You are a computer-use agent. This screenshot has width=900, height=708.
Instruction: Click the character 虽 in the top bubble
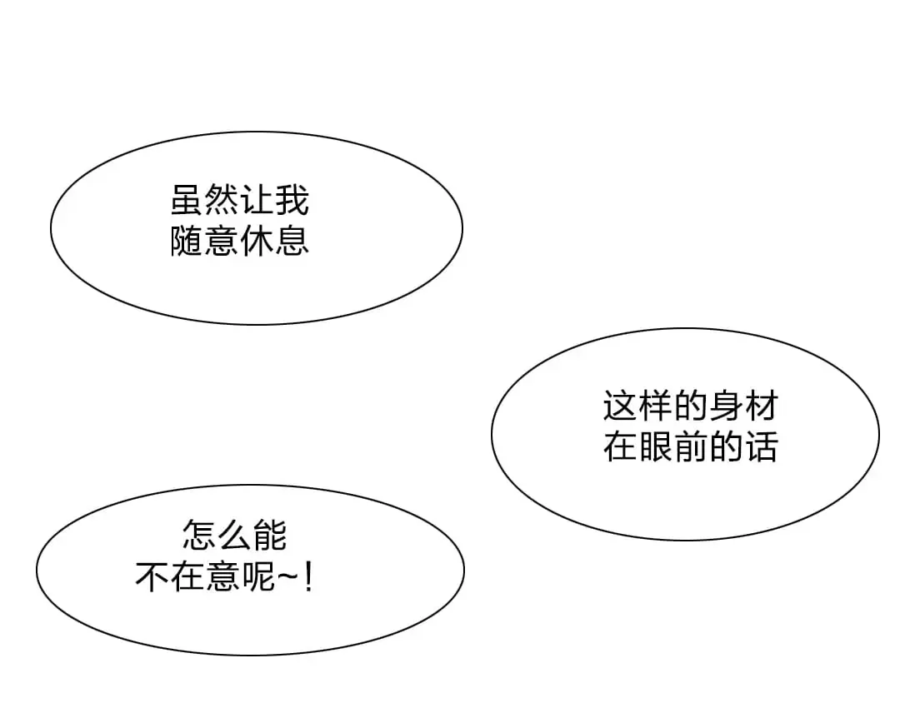187,200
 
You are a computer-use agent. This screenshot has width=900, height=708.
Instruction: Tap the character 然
222,200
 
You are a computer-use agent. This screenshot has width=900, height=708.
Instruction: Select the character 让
257,200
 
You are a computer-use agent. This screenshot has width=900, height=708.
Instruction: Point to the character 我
292,200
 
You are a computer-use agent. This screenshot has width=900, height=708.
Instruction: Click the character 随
187,241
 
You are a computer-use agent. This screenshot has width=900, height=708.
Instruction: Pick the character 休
257,241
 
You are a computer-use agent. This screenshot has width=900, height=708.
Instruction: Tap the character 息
292,241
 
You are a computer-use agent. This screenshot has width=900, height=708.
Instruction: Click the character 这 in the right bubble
621,406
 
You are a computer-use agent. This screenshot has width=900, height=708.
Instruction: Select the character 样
656,406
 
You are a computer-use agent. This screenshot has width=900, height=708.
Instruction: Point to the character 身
726,406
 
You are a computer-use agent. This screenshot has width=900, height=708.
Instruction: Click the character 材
761,406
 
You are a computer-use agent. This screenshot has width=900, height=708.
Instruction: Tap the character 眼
656,446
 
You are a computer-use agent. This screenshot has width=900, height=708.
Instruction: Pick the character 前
691,446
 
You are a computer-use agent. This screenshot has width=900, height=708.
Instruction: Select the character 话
761,446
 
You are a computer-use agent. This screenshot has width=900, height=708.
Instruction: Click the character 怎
200,535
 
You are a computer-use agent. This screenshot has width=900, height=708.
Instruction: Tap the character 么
235,535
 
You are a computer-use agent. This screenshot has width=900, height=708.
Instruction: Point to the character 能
270,535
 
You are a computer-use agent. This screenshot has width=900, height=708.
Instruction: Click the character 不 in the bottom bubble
152,576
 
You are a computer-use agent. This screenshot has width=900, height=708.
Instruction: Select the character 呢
257,576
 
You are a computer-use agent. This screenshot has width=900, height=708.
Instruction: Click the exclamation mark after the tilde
309,576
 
